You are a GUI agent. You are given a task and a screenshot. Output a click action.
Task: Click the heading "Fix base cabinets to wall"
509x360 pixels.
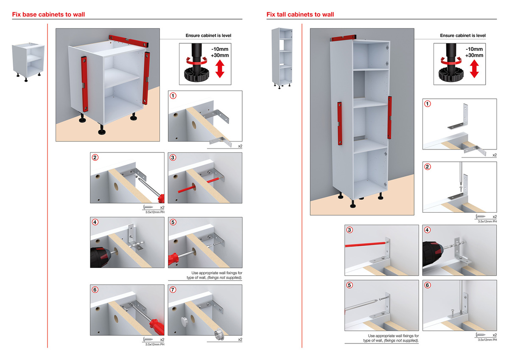(48, 14)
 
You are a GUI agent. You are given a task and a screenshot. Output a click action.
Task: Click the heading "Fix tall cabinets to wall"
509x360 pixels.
(300, 14)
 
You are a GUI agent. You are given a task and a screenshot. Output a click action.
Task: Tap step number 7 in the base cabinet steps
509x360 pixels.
(173, 290)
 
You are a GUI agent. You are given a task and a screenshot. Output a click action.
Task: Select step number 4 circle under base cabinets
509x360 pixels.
(95, 222)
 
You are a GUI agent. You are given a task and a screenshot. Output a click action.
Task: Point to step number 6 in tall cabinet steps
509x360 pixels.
(428, 285)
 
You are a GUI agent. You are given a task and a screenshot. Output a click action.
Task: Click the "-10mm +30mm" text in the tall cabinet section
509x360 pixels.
(474, 52)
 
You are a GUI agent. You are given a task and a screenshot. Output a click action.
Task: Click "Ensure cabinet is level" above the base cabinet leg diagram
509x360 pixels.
(208, 36)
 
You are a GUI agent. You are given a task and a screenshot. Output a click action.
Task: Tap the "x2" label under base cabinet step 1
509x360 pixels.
(240, 146)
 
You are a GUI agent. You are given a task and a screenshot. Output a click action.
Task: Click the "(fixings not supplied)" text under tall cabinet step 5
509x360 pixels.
(401, 340)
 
